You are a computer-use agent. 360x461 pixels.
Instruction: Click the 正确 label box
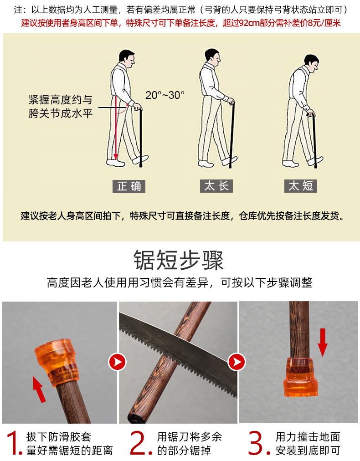tap(129, 186)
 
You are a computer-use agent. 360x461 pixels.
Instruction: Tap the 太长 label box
tap(216, 186)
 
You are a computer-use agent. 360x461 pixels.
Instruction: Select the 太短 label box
tap(301, 186)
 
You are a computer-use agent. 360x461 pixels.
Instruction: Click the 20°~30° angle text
tap(165, 95)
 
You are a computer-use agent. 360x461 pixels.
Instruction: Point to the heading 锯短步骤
tap(179, 261)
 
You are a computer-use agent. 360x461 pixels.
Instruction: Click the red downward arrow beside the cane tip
tap(323, 342)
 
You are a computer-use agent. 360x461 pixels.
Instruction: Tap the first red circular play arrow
tap(117, 363)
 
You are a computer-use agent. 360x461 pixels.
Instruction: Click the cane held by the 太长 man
tap(233, 132)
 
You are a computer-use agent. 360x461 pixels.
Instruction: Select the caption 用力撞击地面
tap(308, 437)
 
